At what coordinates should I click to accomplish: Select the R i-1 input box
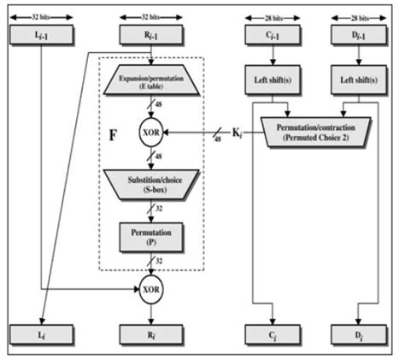150,35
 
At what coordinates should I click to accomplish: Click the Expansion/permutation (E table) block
150,85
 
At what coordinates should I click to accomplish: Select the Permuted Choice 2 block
314,131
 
